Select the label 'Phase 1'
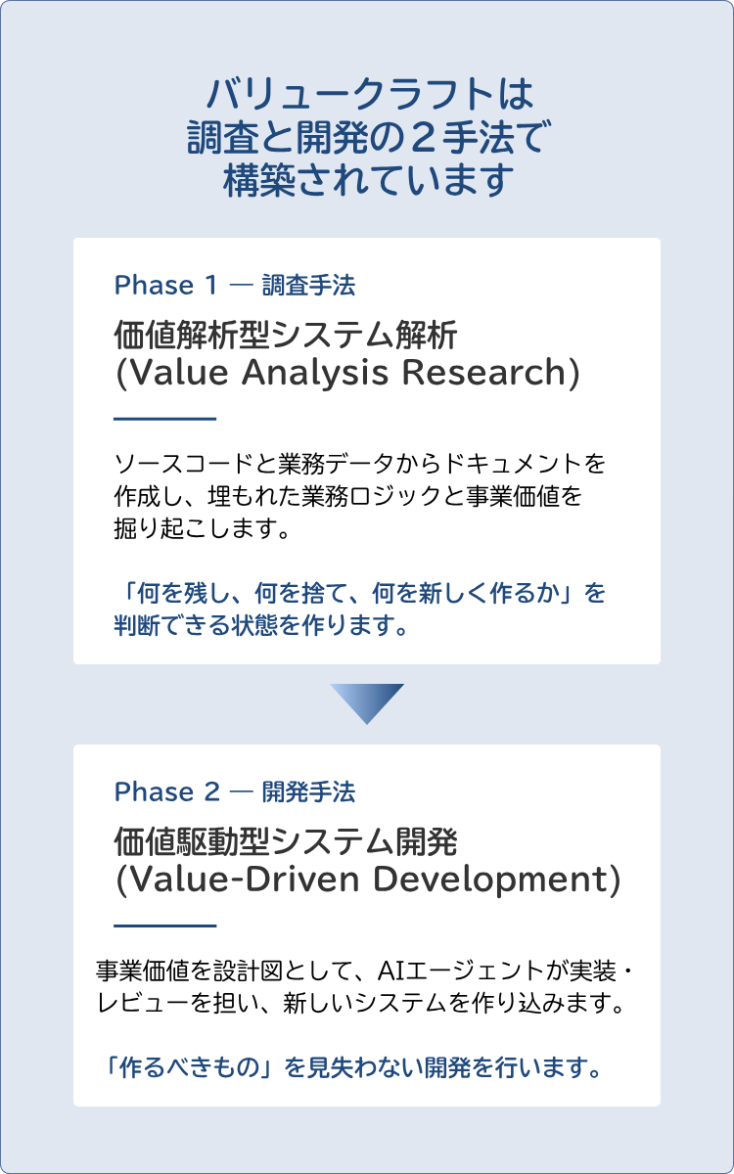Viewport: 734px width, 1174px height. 165,286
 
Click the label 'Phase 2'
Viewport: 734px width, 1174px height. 167,791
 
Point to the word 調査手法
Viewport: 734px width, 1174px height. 309,286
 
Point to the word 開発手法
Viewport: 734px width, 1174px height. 309,791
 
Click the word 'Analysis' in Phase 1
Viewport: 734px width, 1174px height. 315,373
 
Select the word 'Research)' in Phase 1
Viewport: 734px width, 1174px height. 491,373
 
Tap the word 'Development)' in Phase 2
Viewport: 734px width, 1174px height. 496,880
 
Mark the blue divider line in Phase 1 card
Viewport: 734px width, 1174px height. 165,419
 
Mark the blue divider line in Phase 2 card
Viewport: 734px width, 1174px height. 165,926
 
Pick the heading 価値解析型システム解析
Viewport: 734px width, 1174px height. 286,336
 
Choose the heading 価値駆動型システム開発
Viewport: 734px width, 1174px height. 286,841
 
